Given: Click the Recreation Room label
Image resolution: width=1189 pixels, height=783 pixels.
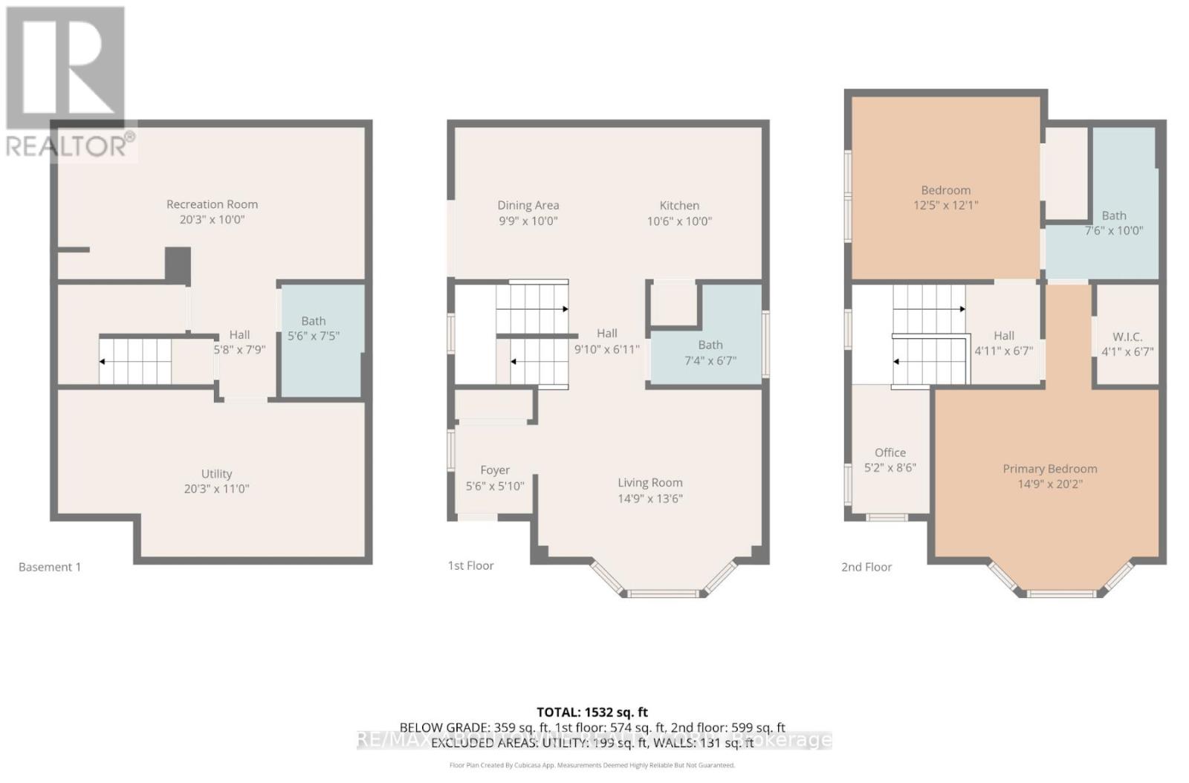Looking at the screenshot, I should (212, 204).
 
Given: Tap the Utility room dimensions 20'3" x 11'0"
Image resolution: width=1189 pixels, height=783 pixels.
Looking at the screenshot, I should (216, 489).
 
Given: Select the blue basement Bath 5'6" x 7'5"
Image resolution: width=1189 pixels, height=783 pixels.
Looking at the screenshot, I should (320, 338).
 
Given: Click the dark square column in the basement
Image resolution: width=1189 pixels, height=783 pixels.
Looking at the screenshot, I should (178, 264).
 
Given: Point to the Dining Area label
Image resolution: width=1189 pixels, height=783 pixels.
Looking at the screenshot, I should (528, 206).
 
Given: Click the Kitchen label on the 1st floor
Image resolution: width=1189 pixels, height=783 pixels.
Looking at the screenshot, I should (679, 206).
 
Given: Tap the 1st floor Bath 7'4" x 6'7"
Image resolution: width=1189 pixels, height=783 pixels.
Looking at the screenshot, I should (710, 353).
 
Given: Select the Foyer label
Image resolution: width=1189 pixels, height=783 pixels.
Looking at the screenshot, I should (495, 470).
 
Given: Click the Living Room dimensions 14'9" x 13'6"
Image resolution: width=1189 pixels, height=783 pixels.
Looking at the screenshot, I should (649, 498).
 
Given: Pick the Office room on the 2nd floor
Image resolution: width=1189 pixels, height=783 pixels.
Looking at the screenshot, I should (890, 460).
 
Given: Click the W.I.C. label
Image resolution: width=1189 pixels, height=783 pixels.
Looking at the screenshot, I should (1127, 337).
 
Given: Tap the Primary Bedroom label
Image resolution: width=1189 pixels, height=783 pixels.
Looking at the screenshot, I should (1049, 469).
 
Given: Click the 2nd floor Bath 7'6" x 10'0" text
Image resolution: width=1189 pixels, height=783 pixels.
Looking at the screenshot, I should (1113, 223).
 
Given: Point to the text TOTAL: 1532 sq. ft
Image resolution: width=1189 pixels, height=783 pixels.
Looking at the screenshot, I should (592, 712).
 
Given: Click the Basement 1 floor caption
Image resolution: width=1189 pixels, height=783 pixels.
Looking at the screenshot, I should (50, 567).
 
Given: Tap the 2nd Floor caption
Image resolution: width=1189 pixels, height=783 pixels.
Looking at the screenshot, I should (866, 567).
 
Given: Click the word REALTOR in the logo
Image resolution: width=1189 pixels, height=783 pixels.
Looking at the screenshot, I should (65, 146).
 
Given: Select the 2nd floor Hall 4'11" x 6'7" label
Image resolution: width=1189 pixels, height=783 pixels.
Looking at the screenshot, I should (1003, 343).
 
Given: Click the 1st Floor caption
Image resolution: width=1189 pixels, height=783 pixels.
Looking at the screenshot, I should (470, 566).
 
